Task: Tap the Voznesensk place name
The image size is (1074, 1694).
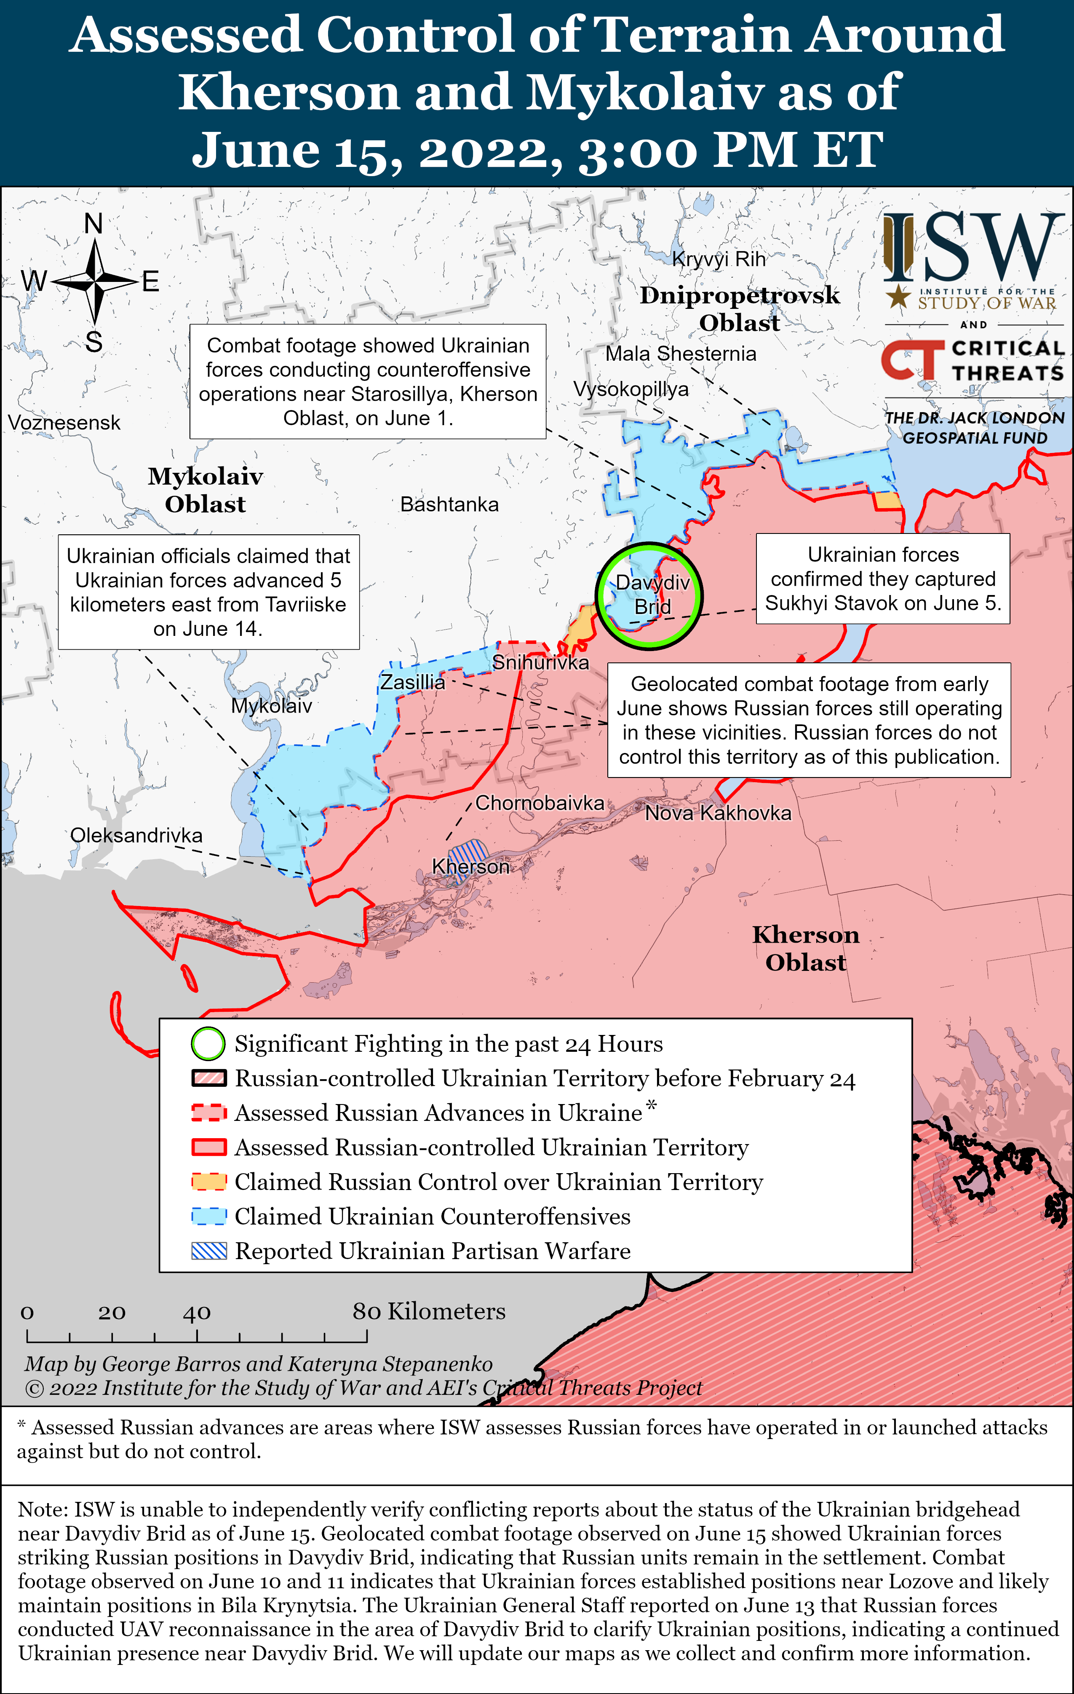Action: tap(64, 423)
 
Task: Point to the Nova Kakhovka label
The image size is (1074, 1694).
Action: tap(718, 813)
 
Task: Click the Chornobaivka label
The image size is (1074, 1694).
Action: tap(540, 803)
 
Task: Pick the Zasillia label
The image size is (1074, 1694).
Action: tap(413, 682)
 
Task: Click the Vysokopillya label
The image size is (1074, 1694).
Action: tap(631, 389)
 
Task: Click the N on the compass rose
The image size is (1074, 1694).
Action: tap(94, 224)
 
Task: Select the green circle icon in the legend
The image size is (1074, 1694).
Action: tap(208, 1044)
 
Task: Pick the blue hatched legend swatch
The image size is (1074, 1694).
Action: tap(209, 1251)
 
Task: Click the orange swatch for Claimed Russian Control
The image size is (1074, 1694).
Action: tap(209, 1182)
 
